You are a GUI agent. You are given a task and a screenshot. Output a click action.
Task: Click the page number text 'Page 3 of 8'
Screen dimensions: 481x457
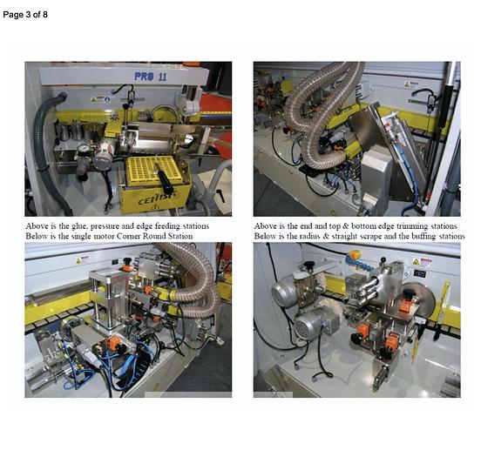tap(25, 15)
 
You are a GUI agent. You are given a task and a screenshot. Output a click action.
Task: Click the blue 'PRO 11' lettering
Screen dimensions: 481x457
tap(151, 77)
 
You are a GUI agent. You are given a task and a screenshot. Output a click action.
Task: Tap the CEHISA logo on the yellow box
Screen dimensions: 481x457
tap(157, 198)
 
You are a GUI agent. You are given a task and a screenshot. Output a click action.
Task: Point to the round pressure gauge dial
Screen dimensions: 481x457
tap(83, 148)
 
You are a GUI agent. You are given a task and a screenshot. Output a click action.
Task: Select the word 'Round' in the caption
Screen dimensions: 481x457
tap(152, 236)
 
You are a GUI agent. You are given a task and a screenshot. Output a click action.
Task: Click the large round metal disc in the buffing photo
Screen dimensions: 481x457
tap(420, 299)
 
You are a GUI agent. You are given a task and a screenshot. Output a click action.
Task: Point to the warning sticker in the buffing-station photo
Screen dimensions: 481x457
tap(422, 263)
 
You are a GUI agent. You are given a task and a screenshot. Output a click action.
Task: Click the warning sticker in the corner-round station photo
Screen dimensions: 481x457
tap(82, 260)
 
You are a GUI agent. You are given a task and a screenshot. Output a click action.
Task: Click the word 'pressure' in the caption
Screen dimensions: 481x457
tap(105, 227)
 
